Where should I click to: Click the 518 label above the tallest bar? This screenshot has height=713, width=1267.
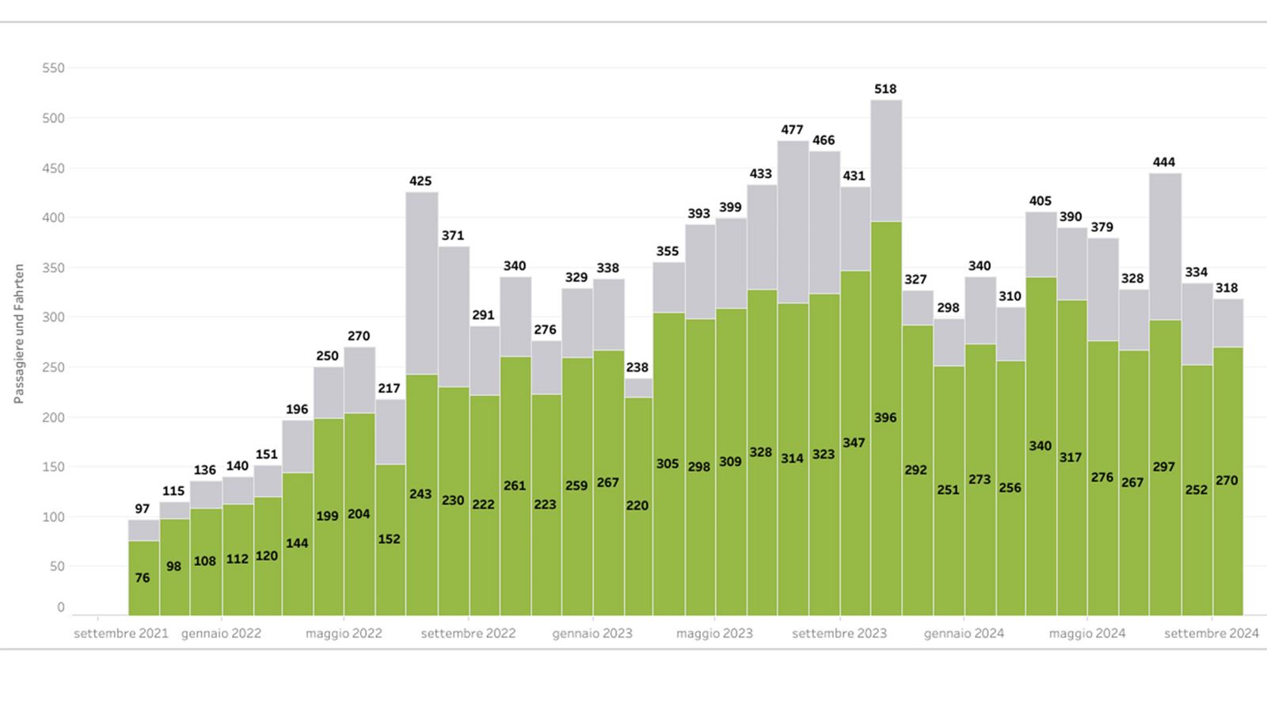(x=885, y=90)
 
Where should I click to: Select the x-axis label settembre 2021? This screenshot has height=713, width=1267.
(x=121, y=634)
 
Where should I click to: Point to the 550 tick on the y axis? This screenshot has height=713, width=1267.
(x=53, y=68)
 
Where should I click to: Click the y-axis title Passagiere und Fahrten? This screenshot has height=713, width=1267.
(x=19, y=334)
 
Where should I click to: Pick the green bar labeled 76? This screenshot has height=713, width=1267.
(x=143, y=578)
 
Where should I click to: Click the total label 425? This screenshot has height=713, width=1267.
(x=420, y=181)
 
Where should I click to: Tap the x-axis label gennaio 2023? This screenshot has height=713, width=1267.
(x=592, y=634)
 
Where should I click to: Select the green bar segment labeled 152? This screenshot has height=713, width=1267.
(x=390, y=539)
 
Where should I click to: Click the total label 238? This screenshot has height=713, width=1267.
(x=637, y=368)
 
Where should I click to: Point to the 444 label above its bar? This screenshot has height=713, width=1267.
(x=1164, y=162)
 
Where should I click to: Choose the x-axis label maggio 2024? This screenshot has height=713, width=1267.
(x=1087, y=634)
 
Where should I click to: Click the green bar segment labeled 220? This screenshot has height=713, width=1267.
(x=637, y=505)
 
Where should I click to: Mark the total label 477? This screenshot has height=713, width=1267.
(x=792, y=130)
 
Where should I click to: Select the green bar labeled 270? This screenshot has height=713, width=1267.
(x=1227, y=480)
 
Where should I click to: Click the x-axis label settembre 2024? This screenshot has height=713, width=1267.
(x=1212, y=634)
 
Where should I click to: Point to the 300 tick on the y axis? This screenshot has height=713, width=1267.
(x=53, y=317)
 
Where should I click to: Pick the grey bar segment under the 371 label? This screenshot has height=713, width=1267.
(x=453, y=317)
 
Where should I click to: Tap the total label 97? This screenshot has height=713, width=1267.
(x=143, y=509)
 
